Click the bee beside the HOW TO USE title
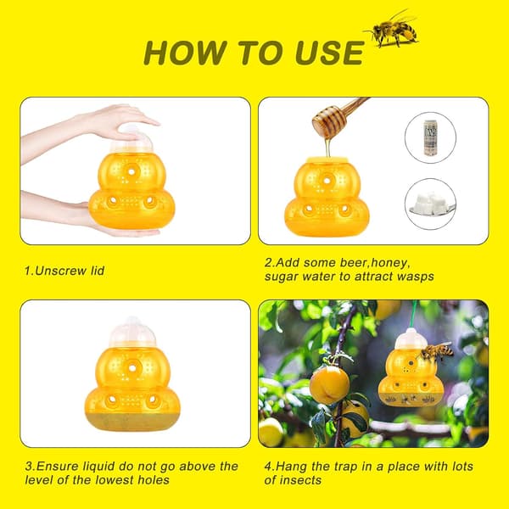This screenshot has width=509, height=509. tap(392, 30)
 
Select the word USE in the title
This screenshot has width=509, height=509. tap(330, 53)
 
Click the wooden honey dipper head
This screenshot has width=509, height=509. tap(329, 121)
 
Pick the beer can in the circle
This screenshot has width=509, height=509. tap(430, 137)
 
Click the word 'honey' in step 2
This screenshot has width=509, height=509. tap(389, 263)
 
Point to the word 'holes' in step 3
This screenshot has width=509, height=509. tap(154, 480)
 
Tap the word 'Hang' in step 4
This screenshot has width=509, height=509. tap(291, 467)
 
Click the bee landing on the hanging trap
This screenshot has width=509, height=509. tap(436, 351)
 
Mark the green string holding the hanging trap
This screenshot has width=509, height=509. tap(414, 314)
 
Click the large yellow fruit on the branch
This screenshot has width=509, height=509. tap(329, 385)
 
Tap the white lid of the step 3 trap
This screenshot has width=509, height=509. tap(132, 333)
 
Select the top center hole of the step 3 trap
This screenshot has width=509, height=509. tap(132, 368)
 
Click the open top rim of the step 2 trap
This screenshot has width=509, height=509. tap(327, 159)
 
